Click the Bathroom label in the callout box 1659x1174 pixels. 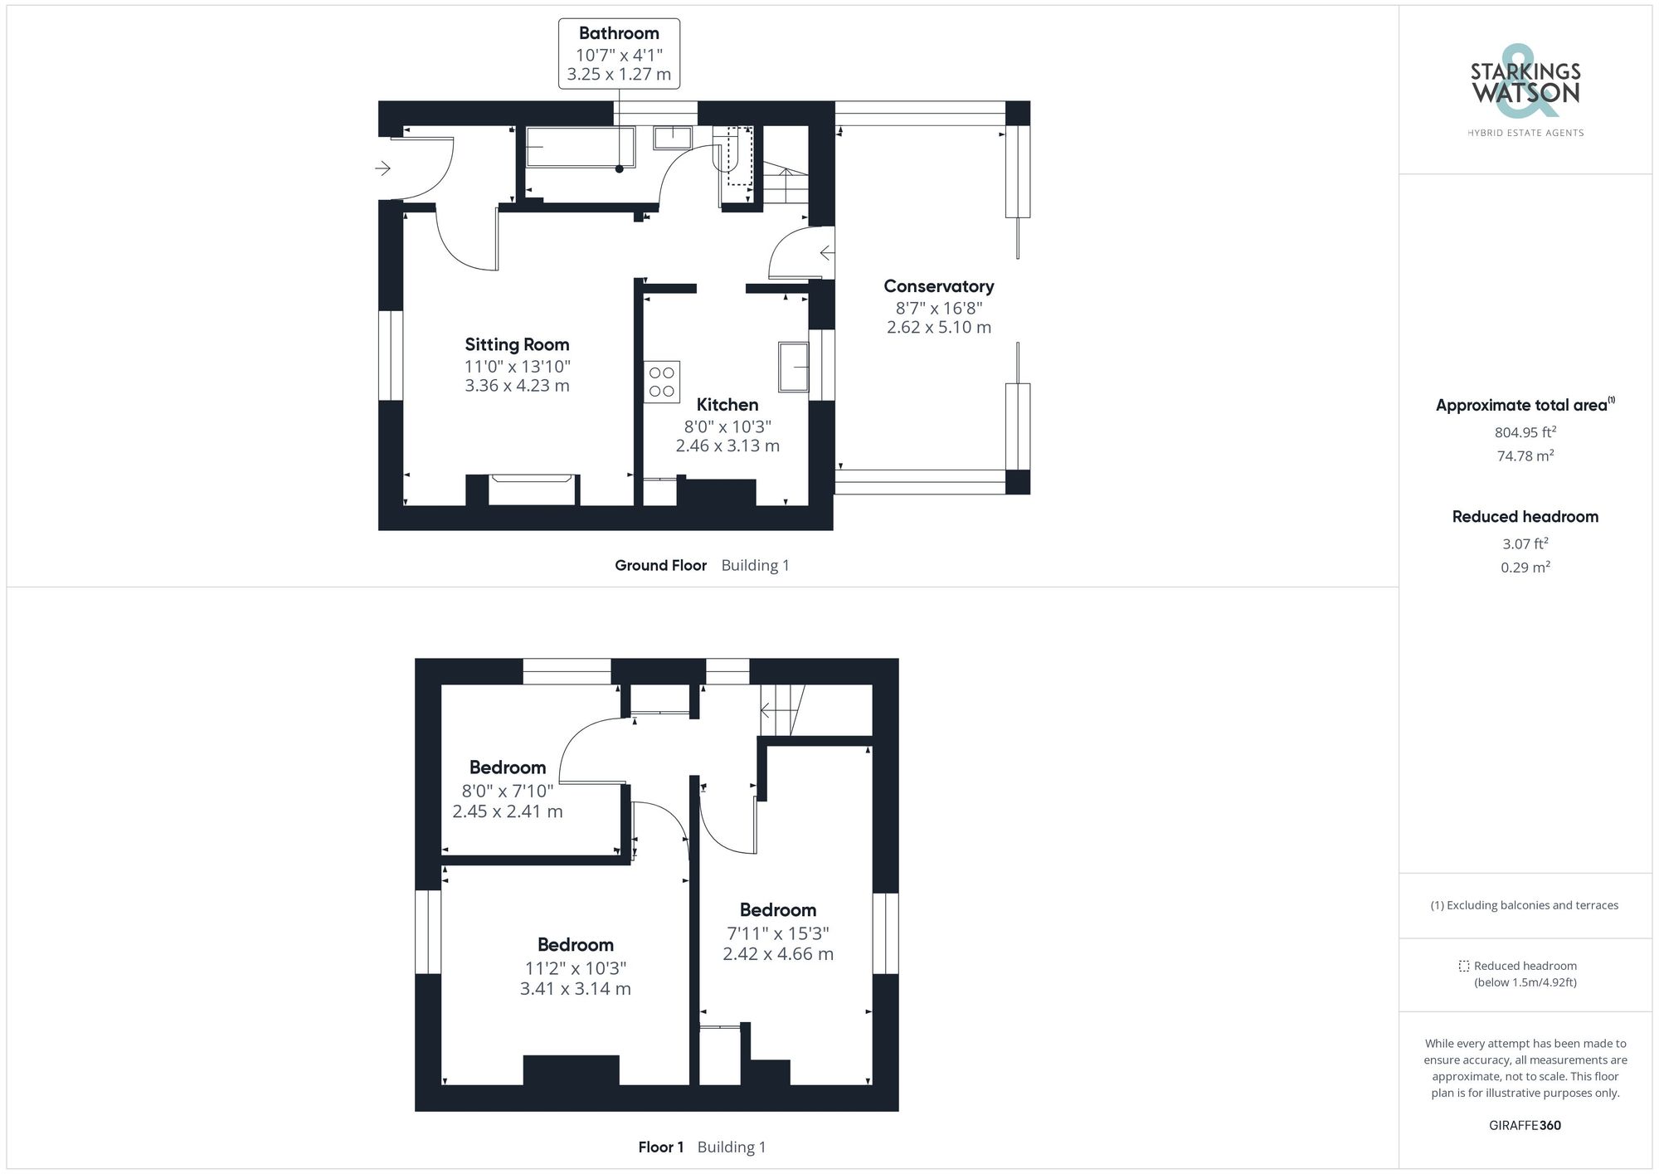[619, 33]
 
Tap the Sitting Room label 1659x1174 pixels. [517, 344]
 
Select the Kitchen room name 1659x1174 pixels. [727, 405]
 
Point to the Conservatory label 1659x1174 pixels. [938, 286]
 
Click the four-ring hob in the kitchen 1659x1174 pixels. [662, 382]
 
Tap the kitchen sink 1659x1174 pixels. [793, 367]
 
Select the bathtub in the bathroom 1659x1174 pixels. [580, 147]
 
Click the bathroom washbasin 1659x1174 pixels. [673, 138]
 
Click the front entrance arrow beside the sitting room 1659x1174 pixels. [382, 168]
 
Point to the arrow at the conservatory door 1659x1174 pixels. [826, 252]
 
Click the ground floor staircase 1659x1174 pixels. [785, 185]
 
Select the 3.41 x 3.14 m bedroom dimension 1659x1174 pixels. [575, 989]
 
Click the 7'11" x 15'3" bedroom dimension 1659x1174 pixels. [777, 933]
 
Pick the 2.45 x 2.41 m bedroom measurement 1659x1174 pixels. [507, 811]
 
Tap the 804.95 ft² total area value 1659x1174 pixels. [1525, 432]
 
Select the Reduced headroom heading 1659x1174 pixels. [1525, 517]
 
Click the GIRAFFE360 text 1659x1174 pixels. [1525, 1126]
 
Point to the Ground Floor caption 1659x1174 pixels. [660, 566]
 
